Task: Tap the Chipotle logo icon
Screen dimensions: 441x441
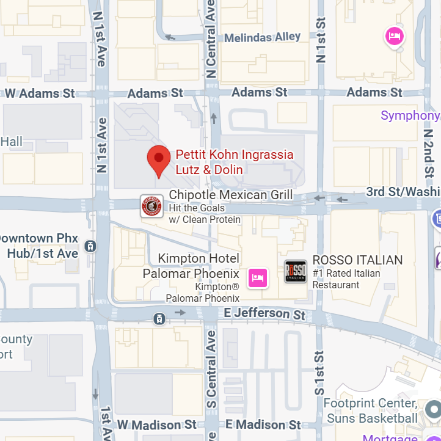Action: click(x=151, y=206)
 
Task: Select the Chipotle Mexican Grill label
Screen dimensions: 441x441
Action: click(x=230, y=195)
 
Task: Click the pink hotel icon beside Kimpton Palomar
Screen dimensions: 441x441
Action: click(x=258, y=277)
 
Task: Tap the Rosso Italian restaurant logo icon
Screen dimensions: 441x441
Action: click(x=296, y=271)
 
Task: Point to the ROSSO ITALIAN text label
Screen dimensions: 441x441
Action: click(x=357, y=260)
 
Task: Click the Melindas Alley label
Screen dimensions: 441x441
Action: click(x=262, y=37)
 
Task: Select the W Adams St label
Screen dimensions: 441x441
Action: click(x=40, y=93)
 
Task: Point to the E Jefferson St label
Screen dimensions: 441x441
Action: click(x=264, y=313)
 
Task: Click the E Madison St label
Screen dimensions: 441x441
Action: click(x=263, y=425)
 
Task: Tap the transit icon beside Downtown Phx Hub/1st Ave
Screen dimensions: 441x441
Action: click(x=90, y=246)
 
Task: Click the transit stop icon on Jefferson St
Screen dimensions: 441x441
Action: click(x=159, y=318)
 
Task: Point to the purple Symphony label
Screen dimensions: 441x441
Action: click(x=410, y=115)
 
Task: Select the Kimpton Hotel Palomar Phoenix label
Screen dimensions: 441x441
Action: click(x=191, y=266)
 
